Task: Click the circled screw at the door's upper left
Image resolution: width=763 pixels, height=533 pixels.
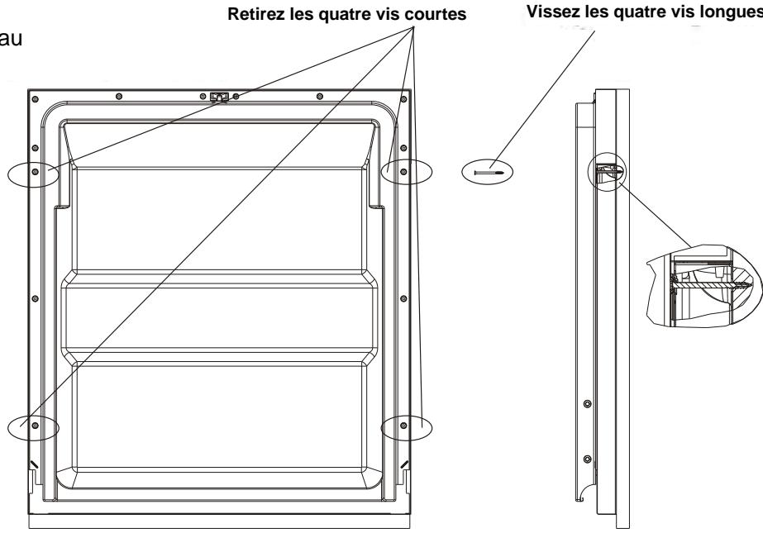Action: pyautogui.click(x=35, y=172)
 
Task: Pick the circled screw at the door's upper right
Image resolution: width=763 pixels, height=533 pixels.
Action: pyautogui.click(x=403, y=172)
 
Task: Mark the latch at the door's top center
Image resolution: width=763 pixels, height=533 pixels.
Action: pyautogui.click(x=218, y=98)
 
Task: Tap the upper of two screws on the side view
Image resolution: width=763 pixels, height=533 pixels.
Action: pyautogui.click(x=588, y=404)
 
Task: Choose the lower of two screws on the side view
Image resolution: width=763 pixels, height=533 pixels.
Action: pyautogui.click(x=588, y=457)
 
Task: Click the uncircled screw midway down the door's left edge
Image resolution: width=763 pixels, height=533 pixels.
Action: pyautogui.click(x=35, y=297)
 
